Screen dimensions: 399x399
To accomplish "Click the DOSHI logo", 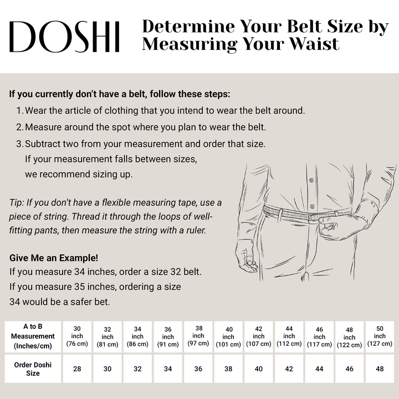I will pyautogui.click(x=65, y=37).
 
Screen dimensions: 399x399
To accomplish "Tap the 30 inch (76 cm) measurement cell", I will pyautogui.click(x=77, y=336).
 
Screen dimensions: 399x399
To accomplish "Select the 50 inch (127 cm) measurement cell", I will pyautogui.click(x=380, y=336).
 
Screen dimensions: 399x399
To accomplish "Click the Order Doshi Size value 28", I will pyautogui.click(x=77, y=369).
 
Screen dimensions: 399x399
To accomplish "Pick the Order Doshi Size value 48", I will pyautogui.click(x=380, y=369).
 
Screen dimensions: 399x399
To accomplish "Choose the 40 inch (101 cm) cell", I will pyautogui.click(x=228, y=336).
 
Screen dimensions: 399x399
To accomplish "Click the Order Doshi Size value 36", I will pyautogui.click(x=198, y=369).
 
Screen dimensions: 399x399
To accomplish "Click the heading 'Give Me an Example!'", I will pyautogui.click(x=54, y=258).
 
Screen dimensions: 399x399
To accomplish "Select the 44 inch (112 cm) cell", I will pyautogui.click(x=289, y=336).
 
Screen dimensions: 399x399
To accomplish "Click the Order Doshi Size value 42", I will pyautogui.click(x=289, y=369).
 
